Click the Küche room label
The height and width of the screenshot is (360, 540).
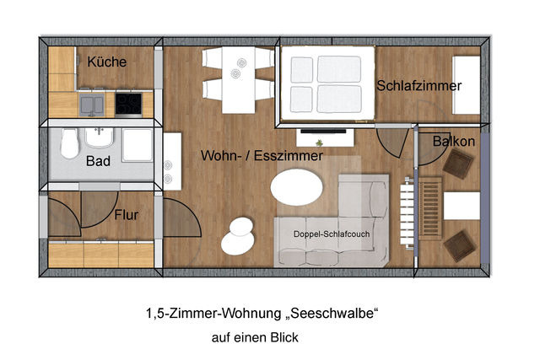coord(107,62)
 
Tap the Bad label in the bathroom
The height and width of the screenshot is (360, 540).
coord(98,159)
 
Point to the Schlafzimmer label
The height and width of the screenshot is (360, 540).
coord(419,86)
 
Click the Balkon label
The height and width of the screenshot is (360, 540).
coord(453,142)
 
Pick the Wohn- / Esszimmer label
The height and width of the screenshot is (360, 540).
coord(262,156)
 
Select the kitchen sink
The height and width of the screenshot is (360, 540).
coord(93,104)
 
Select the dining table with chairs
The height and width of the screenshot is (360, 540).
coord(239,80)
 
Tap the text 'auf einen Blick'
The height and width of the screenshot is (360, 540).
coord(256,337)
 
